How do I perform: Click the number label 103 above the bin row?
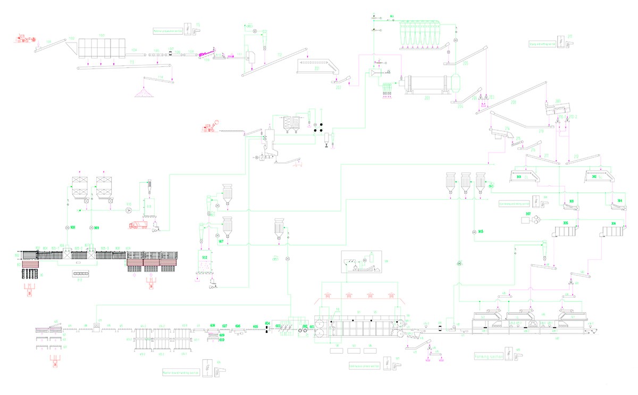point(101,36)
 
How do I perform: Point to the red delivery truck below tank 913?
point(139,225)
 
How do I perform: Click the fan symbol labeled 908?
point(67,227)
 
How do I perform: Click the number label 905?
point(481,231)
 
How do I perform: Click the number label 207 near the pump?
point(528,214)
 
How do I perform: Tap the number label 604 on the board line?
point(267,324)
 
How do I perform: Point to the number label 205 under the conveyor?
point(466,64)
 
